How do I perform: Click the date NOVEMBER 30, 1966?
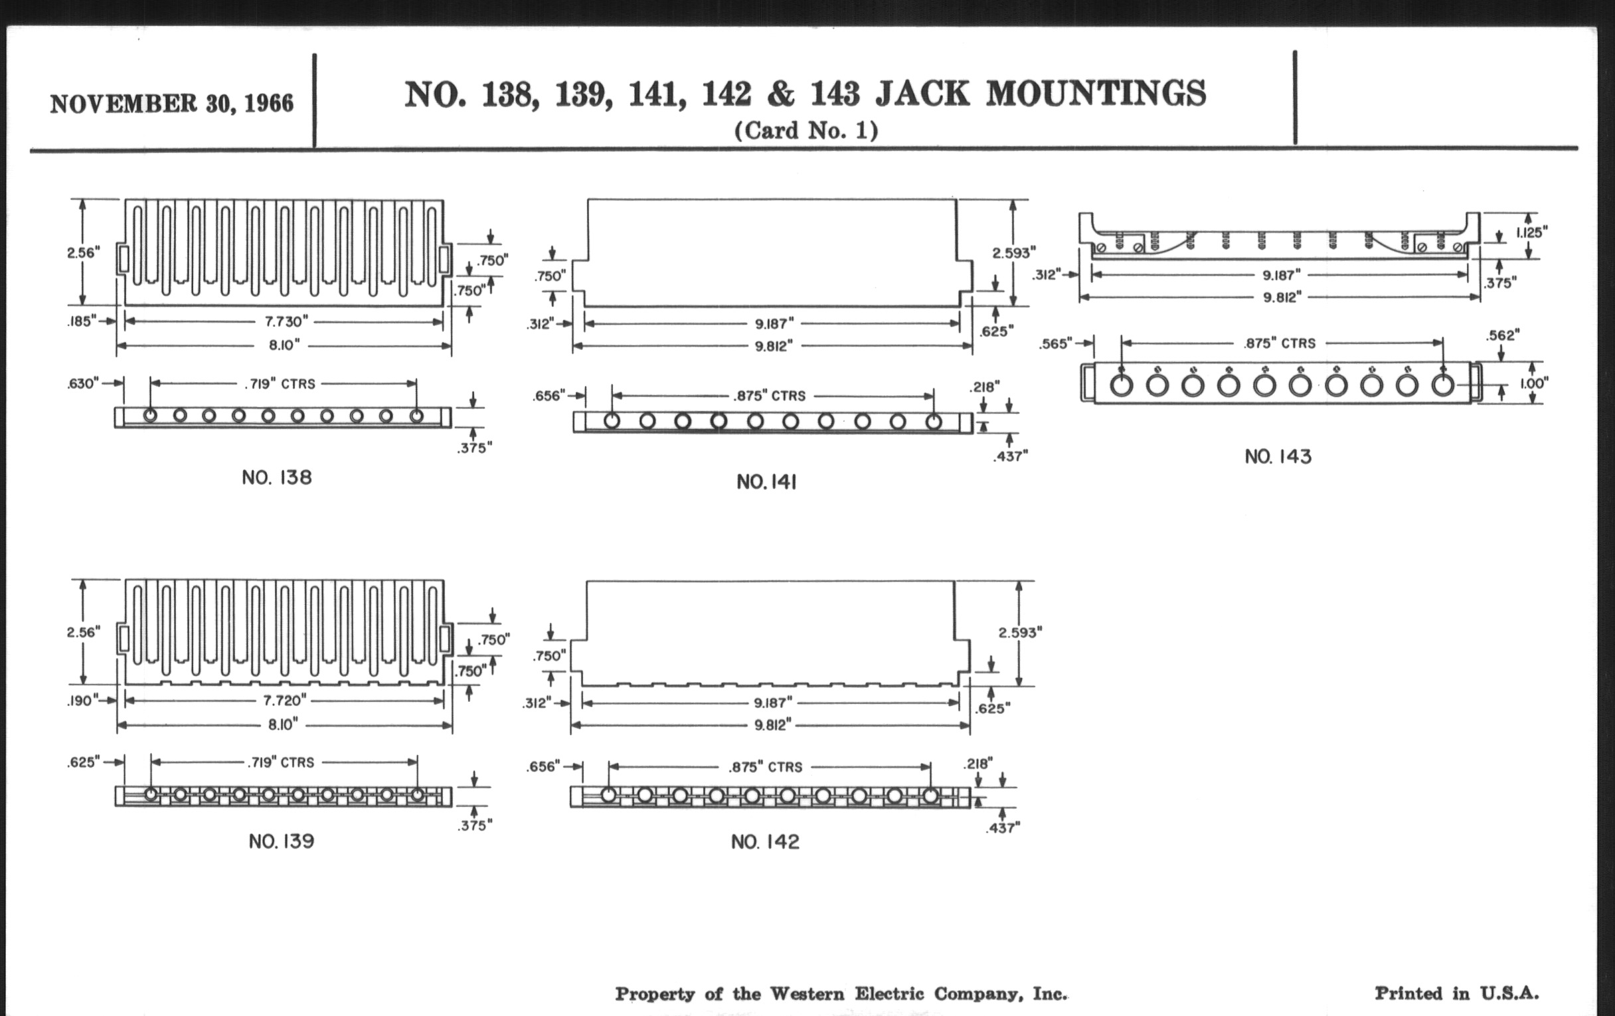[172, 104]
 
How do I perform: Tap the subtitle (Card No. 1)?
[806, 130]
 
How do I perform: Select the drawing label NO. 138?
[277, 477]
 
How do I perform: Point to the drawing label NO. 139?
[281, 841]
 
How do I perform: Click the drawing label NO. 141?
[766, 482]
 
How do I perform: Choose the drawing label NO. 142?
[764, 841]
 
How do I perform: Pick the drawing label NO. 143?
[1278, 457]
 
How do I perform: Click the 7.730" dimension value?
[286, 321]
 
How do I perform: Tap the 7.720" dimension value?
[284, 700]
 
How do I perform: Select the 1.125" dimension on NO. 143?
[1532, 232]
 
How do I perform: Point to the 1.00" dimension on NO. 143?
[1534, 383]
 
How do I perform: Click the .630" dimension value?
[83, 383]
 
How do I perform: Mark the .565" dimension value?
[1057, 344]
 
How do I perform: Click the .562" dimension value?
[1502, 335]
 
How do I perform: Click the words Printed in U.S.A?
[1457, 993]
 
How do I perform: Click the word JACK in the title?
[922, 94]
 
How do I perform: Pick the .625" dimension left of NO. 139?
[83, 762]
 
